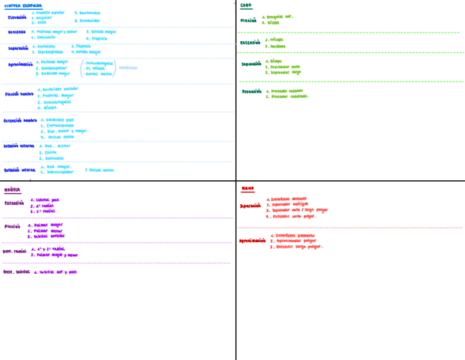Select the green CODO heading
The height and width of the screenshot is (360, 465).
click(246, 5)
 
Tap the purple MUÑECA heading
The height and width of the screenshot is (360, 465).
click(13, 190)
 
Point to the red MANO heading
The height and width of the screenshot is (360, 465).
click(248, 189)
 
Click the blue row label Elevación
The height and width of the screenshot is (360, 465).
click(17, 17)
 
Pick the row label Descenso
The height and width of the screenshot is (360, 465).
click(16, 32)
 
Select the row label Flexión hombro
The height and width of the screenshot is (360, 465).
click(19, 94)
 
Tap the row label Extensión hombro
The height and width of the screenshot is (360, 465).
click(20, 120)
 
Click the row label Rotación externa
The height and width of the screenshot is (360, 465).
click(19, 146)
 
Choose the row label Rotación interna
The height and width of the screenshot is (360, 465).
click(20, 170)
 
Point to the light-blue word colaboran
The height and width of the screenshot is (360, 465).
click(128, 68)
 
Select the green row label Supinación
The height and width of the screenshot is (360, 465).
click(252, 64)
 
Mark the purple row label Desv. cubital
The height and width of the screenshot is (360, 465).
click(16, 272)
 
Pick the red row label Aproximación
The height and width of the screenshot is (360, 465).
click(252, 240)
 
